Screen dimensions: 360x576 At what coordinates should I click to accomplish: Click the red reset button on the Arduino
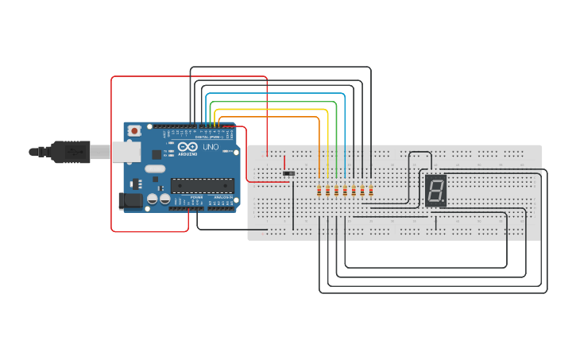135,130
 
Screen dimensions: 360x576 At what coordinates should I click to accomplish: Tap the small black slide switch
289,173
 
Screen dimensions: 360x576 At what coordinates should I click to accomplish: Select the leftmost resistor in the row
319,191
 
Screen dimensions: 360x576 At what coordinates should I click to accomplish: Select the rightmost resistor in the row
371,191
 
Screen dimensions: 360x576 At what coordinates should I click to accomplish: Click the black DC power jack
130,202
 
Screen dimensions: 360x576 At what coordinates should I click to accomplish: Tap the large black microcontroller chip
203,186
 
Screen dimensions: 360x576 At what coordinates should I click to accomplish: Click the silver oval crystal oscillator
154,168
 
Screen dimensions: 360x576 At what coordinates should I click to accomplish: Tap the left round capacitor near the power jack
153,202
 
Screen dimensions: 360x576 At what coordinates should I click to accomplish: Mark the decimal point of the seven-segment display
443,200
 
